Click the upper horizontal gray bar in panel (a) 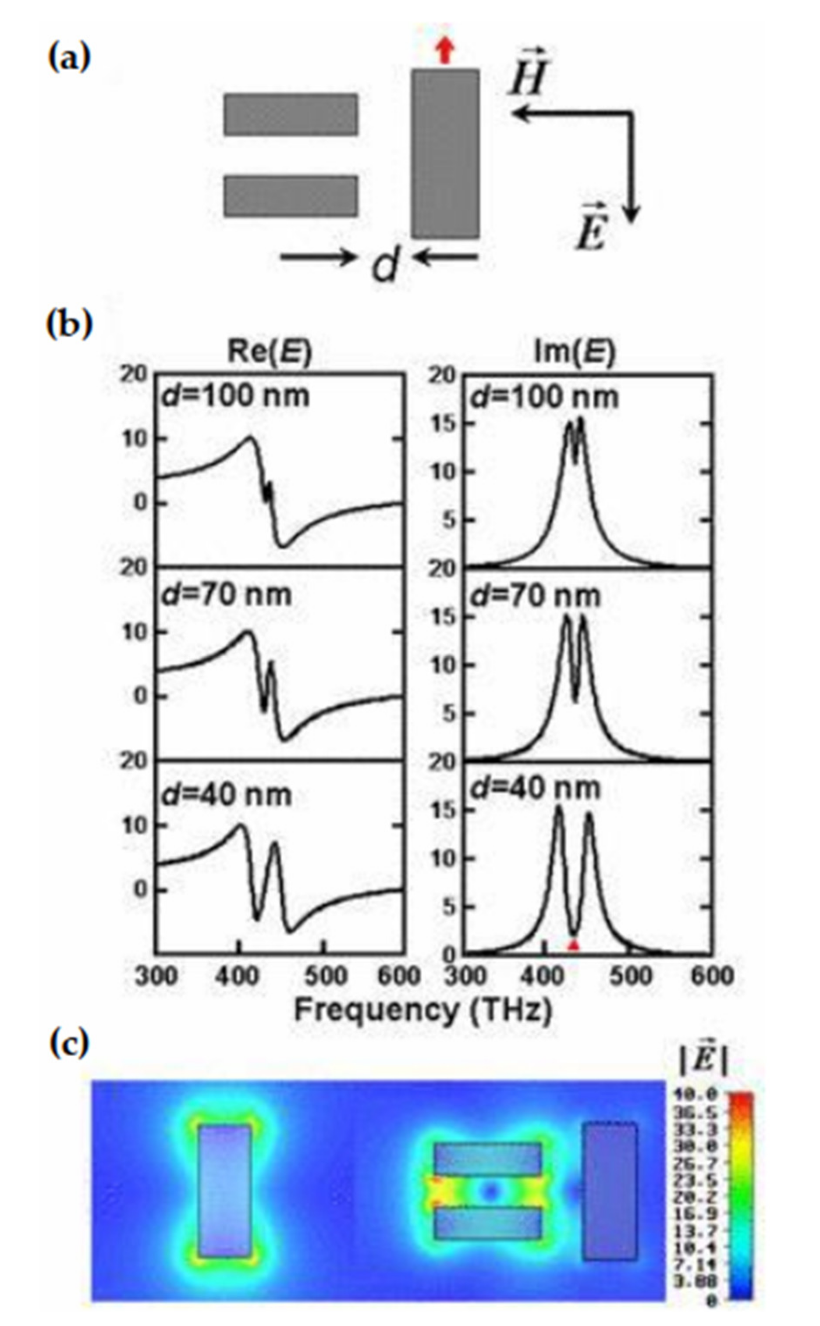click(x=291, y=114)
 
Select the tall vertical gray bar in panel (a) click(x=445, y=153)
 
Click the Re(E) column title click(x=270, y=352)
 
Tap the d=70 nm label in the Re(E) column click(x=226, y=595)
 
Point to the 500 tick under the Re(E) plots click(x=324, y=976)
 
